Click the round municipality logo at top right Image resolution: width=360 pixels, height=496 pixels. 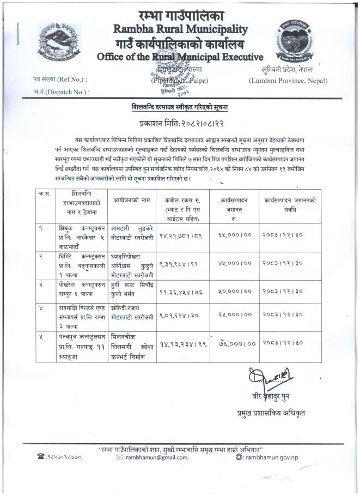298,39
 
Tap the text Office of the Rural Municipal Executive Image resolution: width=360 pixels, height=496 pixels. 180,56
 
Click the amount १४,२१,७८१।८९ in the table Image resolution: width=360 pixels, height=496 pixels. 177,237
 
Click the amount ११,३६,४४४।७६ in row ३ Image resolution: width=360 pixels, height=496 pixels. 177,293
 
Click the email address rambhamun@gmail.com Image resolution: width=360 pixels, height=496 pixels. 157,457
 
